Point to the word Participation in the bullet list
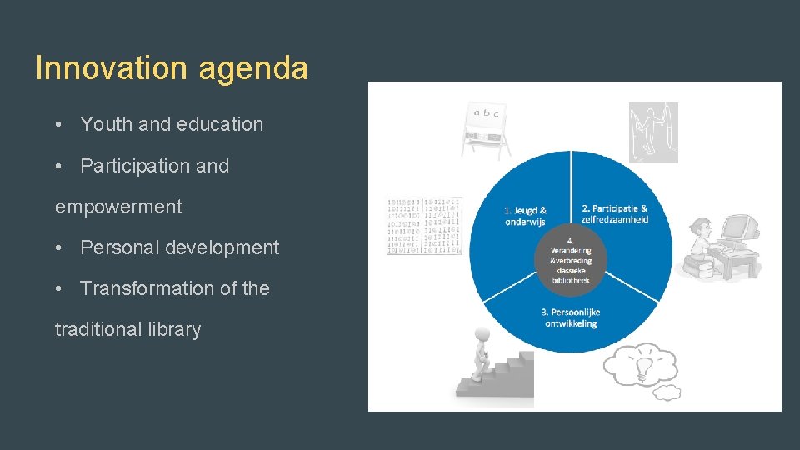click(x=134, y=166)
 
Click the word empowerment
click(x=118, y=207)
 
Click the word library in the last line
click(x=170, y=329)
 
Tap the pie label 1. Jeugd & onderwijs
click(x=526, y=216)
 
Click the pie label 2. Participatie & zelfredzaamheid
click(x=614, y=213)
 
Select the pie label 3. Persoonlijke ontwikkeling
click(x=571, y=317)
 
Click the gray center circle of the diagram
click(x=571, y=261)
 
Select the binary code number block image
click(x=423, y=225)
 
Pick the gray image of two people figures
click(x=652, y=132)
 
